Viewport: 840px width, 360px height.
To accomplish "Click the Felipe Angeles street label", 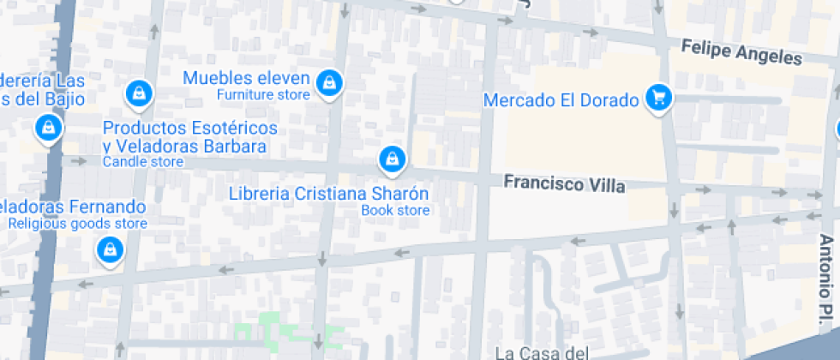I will coord(741,52).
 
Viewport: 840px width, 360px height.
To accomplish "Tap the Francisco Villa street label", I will coord(564,183).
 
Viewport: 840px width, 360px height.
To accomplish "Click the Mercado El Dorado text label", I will coord(561,100).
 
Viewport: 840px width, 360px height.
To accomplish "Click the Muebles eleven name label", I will coord(246,78).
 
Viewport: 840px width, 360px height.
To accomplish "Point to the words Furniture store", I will coord(263,94).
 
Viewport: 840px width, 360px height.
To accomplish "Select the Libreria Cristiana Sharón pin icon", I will coord(392,159).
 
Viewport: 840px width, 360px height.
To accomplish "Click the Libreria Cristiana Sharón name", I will coord(328,193).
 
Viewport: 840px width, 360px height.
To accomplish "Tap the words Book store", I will coord(395,210).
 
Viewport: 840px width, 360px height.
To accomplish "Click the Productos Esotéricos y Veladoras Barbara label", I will coord(189,137).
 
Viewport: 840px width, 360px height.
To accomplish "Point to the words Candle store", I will coord(143,161).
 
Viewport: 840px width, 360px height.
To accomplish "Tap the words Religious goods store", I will coord(78,224).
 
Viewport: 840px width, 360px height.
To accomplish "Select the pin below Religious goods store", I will coord(110,251).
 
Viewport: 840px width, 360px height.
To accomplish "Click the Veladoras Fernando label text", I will coord(73,207).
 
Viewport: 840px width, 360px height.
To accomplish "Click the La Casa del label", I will coord(543,351).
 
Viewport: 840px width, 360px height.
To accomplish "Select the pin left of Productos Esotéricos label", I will coord(49,129).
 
